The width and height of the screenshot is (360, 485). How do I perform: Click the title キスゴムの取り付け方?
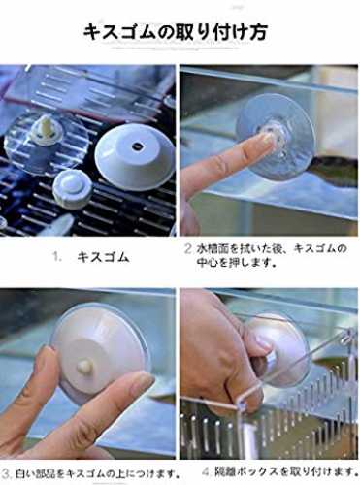coord(175,33)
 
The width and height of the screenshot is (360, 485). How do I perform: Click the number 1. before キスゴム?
coord(57,257)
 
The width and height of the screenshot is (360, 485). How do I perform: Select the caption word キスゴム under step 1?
coord(103,257)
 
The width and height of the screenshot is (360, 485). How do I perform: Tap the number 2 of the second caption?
coord(188,249)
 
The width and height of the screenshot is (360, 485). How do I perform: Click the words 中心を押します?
coord(237,263)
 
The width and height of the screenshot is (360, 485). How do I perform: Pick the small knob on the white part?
coord(85,366)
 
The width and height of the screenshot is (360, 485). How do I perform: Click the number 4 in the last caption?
coord(206,471)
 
